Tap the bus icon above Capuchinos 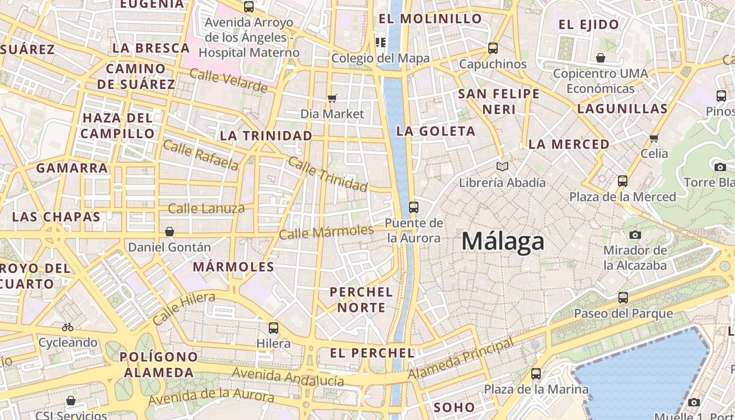(x=492, y=48)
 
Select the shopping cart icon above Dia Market (x=332, y=98)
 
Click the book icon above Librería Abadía (x=502, y=167)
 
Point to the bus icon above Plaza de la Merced (x=623, y=181)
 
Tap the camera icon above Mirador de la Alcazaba (x=635, y=235)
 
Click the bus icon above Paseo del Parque (x=623, y=298)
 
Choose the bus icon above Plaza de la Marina (x=535, y=374)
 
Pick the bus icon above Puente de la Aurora (x=414, y=207)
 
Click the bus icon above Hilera (x=273, y=328)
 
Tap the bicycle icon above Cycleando (x=68, y=327)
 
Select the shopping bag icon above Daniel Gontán (x=170, y=232)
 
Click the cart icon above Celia (x=654, y=138)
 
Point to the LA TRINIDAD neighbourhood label (x=266, y=135)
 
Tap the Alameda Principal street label (x=461, y=359)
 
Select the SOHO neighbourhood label (x=454, y=407)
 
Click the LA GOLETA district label (x=436, y=131)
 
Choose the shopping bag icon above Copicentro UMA (x=600, y=58)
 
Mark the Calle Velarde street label (x=228, y=80)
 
